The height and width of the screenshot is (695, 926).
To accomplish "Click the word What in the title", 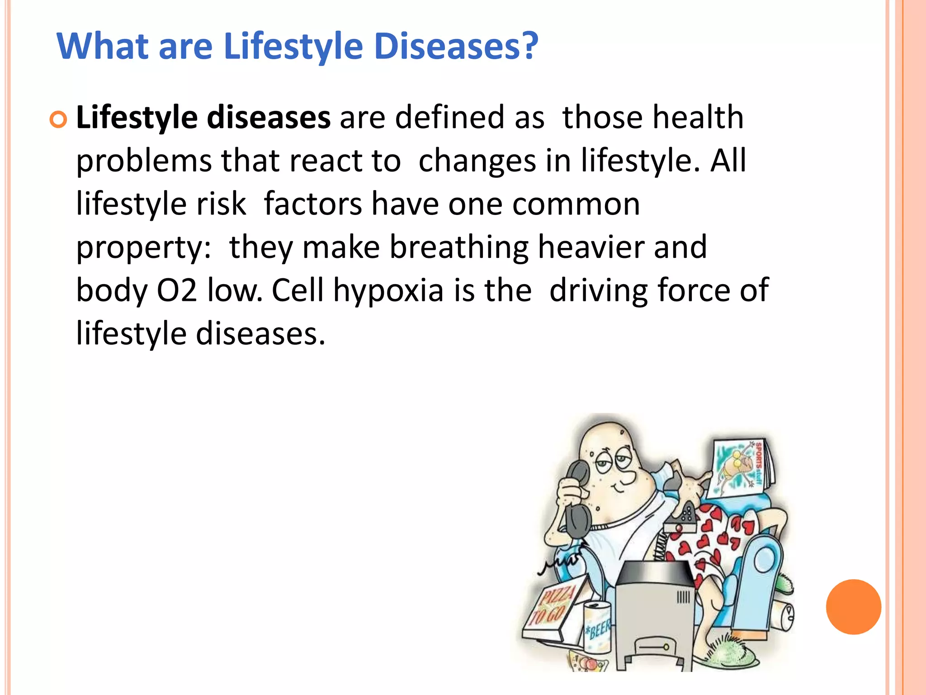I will [103, 46].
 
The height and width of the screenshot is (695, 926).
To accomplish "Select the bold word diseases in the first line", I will [269, 118].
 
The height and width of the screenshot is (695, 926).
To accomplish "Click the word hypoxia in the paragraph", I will [388, 291].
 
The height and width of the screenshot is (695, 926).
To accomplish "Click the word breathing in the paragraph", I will [459, 248].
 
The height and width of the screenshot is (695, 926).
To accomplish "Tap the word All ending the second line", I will [728, 161].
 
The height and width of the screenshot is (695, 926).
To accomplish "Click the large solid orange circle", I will [853, 607].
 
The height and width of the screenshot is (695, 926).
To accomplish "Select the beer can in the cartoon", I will [597, 627].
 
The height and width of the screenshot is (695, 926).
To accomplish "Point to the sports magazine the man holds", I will [742, 468].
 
